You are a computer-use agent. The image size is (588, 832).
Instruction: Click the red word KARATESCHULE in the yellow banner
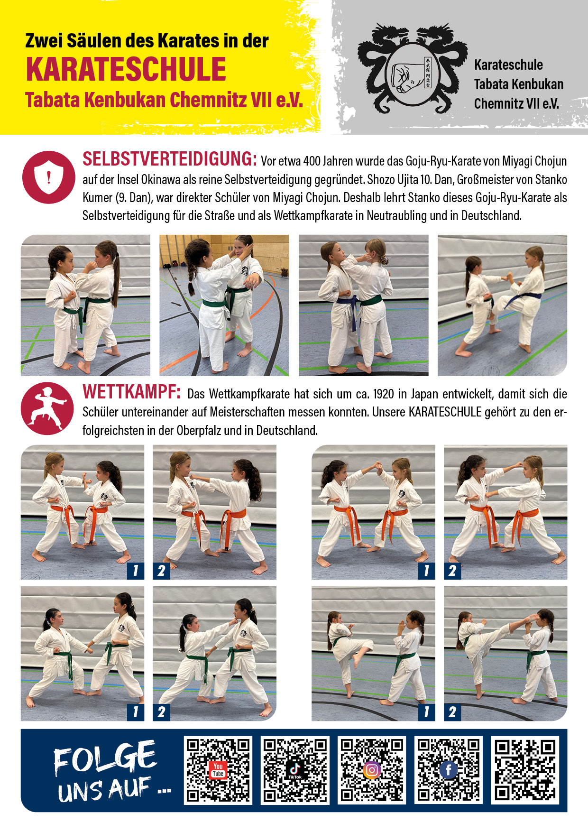(126, 69)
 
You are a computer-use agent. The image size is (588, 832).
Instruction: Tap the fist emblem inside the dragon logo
(407, 75)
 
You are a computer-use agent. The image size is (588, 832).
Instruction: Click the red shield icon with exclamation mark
(49, 177)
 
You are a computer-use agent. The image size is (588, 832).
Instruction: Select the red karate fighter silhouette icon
(47, 408)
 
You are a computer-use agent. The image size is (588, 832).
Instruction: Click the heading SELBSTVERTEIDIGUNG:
(170, 159)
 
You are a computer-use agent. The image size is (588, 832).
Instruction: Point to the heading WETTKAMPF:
(131, 392)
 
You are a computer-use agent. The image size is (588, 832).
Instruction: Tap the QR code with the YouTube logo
(218, 770)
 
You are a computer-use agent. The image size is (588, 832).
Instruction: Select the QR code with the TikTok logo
(295, 770)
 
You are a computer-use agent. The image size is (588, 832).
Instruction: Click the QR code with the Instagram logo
(372, 770)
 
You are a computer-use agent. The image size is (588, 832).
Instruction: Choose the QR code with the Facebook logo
(449, 770)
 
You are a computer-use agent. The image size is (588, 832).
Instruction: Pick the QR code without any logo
(525, 770)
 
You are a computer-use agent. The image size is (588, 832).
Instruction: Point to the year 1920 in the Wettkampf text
(384, 394)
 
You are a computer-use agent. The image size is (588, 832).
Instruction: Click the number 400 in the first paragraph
(312, 162)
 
